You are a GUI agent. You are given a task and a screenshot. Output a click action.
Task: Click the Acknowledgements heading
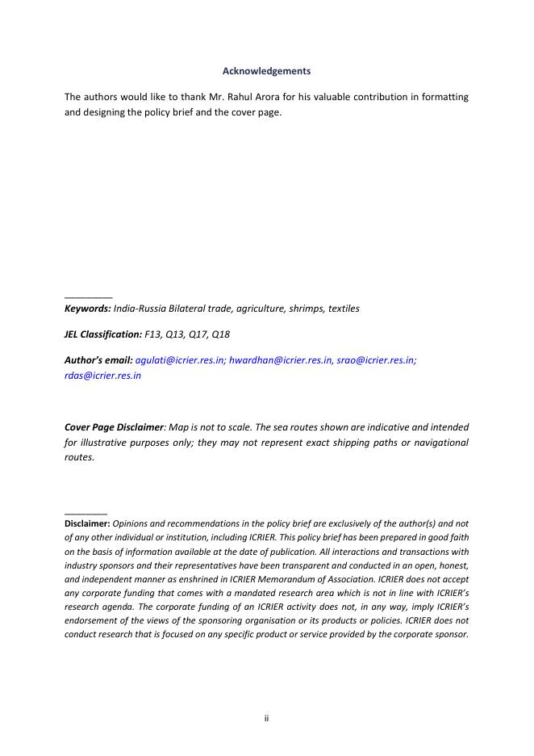point(266,72)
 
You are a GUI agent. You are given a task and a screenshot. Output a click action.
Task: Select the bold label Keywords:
point(87,309)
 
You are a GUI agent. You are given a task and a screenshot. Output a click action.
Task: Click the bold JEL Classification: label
point(102,334)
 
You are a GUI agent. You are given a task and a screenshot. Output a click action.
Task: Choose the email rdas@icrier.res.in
point(102,376)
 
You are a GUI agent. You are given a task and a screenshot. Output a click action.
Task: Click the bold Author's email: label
point(98,360)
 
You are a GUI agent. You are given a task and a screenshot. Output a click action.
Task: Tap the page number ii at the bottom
point(266,718)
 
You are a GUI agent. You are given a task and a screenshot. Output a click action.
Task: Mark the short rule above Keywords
point(88,296)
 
